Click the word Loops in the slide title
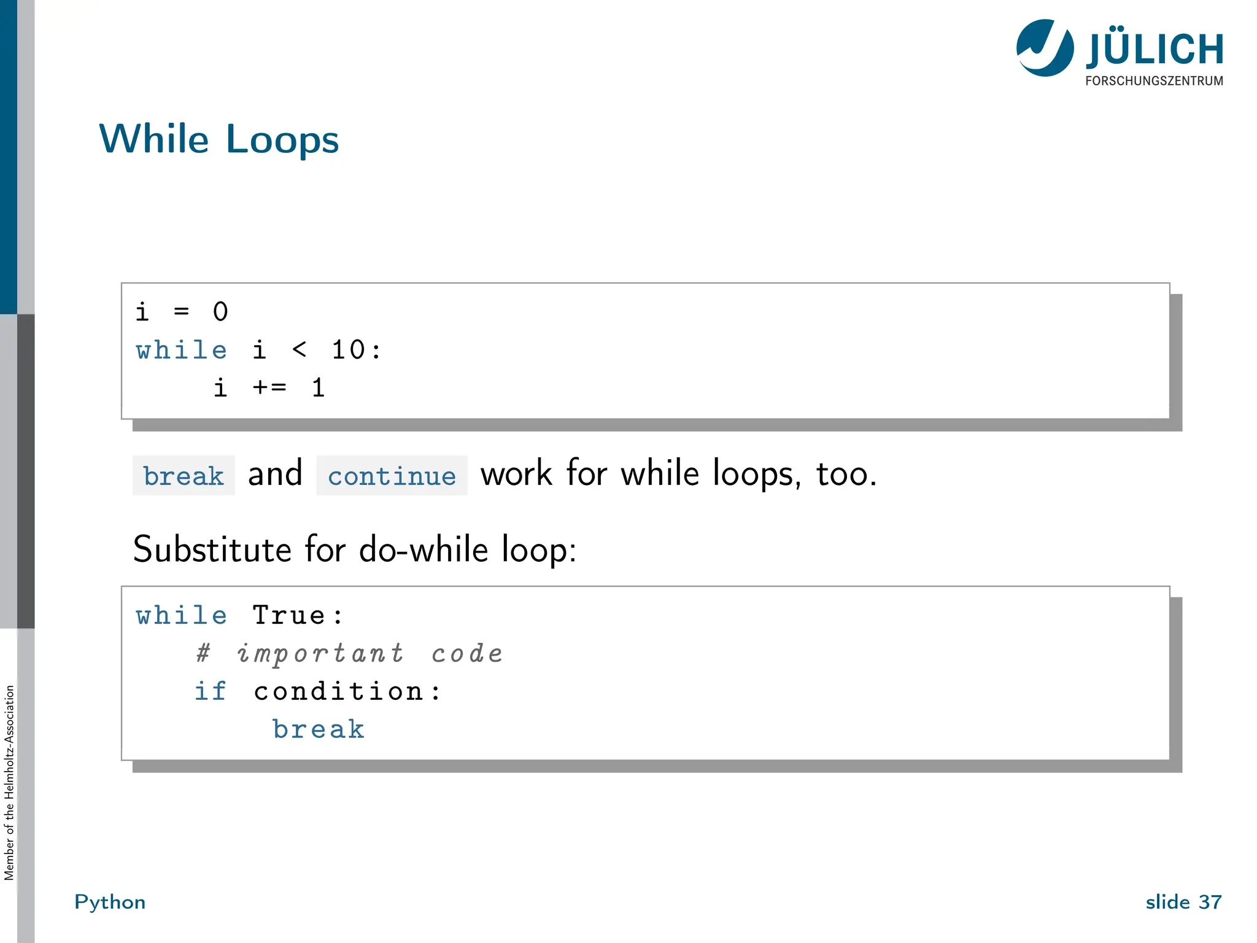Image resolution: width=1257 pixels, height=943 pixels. click(282, 140)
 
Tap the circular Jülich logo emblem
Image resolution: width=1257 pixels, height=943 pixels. click(1045, 48)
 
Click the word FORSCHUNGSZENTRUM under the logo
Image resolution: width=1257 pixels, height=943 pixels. click(1154, 81)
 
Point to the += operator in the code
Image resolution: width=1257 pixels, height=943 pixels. click(269, 388)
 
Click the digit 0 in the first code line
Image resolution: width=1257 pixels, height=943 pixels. click(220, 312)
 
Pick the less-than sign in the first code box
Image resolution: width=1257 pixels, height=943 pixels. click(299, 350)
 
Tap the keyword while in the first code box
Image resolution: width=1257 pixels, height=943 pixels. click(182, 351)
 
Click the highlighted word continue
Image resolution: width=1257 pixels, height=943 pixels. click(392, 476)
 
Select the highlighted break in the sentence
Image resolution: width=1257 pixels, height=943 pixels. click(184, 476)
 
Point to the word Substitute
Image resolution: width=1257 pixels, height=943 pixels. click(211, 549)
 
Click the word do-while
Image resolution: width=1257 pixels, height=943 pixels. click(424, 549)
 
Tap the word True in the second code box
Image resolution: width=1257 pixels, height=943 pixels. click(288, 616)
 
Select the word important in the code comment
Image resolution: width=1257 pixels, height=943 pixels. click(320, 654)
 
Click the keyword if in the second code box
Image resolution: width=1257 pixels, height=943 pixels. click(211, 692)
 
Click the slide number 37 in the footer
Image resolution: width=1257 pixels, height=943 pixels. click(1210, 902)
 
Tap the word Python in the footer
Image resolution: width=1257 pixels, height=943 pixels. click(110, 902)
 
